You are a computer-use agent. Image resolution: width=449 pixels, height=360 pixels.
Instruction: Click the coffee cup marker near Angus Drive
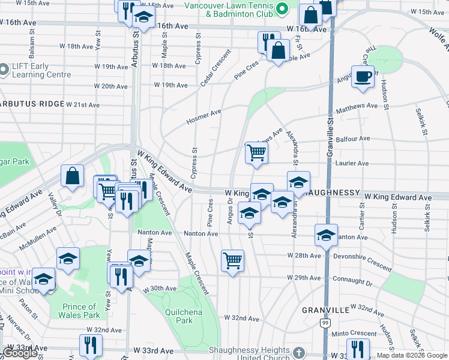click(x=363, y=77)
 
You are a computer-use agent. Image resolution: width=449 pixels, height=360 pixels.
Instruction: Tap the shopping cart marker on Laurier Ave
click(x=256, y=153)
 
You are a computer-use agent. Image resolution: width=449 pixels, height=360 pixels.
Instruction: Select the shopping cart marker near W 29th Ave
click(x=232, y=260)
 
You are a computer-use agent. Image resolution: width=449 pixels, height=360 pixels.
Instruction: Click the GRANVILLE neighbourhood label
click(x=325, y=310)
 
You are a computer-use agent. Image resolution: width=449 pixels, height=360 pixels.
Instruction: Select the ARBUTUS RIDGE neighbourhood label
click(x=32, y=104)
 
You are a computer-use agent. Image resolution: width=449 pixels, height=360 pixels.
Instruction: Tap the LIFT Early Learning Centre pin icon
click(x=4, y=70)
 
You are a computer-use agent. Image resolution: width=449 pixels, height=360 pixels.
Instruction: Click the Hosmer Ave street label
click(x=203, y=116)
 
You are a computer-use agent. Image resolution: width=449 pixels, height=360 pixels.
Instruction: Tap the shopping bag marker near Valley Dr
click(x=72, y=176)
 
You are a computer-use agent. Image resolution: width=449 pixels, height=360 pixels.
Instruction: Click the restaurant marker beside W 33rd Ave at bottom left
click(x=91, y=345)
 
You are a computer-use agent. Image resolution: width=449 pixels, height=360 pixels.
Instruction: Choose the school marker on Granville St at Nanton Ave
click(x=326, y=236)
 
